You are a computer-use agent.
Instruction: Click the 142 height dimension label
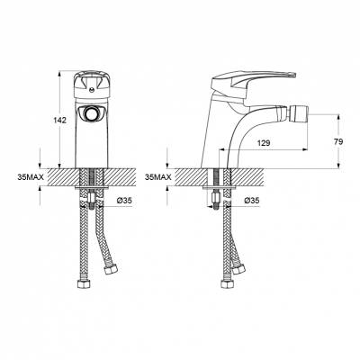click(x=59, y=121)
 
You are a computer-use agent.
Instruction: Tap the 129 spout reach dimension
click(x=264, y=143)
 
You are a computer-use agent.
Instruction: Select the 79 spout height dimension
click(x=339, y=141)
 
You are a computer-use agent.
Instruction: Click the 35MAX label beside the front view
click(x=31, y=177)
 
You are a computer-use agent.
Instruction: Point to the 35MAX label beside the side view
click(x=158, y=177)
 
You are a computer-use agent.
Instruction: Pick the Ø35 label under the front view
click(x=124, y=201)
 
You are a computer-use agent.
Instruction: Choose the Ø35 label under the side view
click(x=252, y=201)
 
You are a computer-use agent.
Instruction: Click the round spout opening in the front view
click(x=91, y=114)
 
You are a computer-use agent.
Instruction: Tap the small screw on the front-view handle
click(x=92, y=89)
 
